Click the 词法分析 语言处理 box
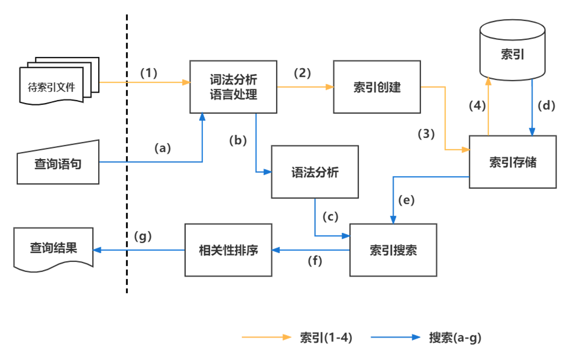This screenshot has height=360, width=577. [x=233, y=87]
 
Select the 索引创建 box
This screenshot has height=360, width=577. [x=377, y=87]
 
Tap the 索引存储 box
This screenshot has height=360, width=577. [x=512, y=162]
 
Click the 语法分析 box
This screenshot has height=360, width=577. [x=314, y=172]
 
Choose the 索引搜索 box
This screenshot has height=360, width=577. [x=393, y=250]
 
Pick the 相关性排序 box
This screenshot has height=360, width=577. [x=228, y=250]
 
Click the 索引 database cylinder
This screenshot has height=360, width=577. [x=512, y=51]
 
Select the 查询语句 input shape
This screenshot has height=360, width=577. [x=58, y=164]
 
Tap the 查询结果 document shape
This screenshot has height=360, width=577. [x=53, y=248]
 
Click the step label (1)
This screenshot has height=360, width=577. [x=149, y=73]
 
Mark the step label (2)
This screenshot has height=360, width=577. [x=302, y=73]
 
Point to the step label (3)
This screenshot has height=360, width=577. [x=426, y=134]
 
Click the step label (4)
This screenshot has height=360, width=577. [x=477, y=105]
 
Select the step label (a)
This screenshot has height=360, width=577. [x=162, y=148]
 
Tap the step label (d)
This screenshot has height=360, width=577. [x=546, y=105]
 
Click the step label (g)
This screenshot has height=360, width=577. [x=143, y=236]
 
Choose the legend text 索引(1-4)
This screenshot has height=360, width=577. [x=326, y=337]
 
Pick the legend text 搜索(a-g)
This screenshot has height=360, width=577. [x=455, y=337]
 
